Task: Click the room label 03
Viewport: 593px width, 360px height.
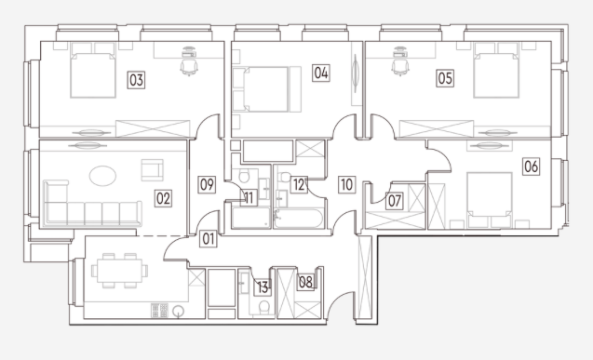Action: pos(136,80)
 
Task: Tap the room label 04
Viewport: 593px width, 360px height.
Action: pos(320,73)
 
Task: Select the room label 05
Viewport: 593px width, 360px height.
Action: pos(445,78)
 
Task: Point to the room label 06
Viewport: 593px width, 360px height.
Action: pos(531,167)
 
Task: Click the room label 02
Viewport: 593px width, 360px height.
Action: pos(164,198)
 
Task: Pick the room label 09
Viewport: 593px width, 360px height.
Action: pos(207,185)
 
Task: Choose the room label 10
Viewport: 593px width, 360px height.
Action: pos(347,185)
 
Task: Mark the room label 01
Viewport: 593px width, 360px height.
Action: pos(209,239)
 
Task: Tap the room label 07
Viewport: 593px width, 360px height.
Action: pos(395,201)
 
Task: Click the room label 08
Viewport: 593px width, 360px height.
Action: pos(305,282)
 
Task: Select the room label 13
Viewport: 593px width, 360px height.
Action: pos(263,287)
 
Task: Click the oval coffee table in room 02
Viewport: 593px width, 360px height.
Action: pos(102,176)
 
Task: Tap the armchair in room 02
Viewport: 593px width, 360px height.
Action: pos(152,170)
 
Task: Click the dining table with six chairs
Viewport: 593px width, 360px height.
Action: pos(119,271)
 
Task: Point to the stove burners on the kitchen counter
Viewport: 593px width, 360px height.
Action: pos(159,311)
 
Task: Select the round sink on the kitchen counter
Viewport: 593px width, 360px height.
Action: pos(178,312)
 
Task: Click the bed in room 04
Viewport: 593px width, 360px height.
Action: pos(267,89)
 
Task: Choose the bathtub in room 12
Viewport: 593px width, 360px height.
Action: pos(299,219)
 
